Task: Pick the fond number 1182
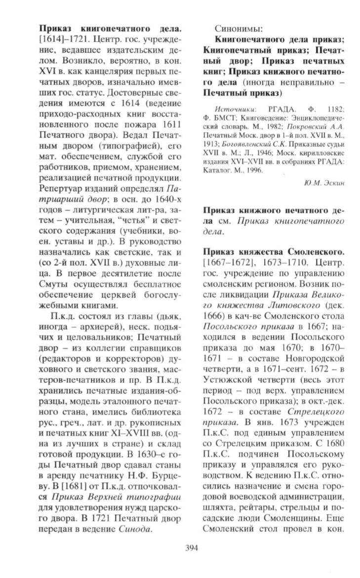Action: pos(334,108)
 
